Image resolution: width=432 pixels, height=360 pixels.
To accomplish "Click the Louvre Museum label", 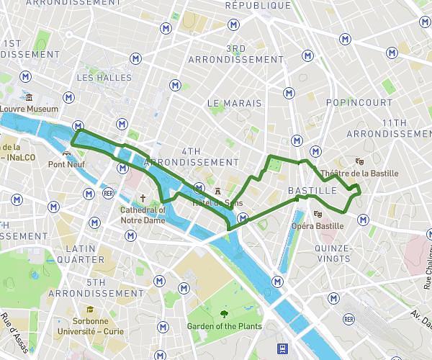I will pyautogui.click(x=29, y=109).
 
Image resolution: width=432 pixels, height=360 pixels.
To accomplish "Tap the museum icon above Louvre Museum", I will pyautogui.click(x=29, y=98).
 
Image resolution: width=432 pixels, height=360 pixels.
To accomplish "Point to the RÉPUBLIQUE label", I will pyautogui.click(x=258, y=6).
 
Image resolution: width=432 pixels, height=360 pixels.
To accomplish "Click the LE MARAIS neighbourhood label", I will pyautogui.click(x=235, y=104).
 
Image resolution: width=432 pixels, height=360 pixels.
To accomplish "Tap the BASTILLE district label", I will pyautogui.click(x=312, y=191).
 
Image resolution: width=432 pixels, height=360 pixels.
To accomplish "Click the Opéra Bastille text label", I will pyautogui.click(x=317, y=226).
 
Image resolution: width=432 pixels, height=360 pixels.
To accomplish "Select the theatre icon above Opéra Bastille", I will pyautogui.click(x=318, y=214).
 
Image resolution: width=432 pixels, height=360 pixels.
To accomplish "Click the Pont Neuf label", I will pyautogui.click(x=67, y=164).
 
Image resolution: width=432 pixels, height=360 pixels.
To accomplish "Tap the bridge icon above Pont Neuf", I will pyautogui.click(x=67, y=153).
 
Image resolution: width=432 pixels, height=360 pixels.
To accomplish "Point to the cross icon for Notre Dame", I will pyautogui.click(x=143, y=198).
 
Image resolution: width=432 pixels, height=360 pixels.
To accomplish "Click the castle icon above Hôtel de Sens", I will pyautogui.click(x=218, y=191).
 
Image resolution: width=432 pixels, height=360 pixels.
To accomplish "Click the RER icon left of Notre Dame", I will pyautogui.click(x=109, y=193).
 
